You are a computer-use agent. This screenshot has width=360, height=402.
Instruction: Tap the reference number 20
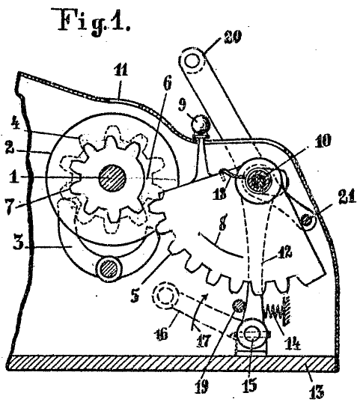click(x=232, y=37)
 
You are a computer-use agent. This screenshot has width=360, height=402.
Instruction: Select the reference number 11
click(x=120, y=70)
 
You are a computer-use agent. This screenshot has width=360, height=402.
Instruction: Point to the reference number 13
click(x=316, y=391)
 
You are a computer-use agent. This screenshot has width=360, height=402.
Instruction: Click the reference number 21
click(x=347, y=197)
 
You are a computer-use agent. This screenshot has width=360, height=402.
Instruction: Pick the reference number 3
click(x=19, y=242)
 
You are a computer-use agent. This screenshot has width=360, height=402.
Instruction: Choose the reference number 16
click(x=160, y=334)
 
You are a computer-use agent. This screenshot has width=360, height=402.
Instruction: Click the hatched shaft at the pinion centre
click(x=113, y=178)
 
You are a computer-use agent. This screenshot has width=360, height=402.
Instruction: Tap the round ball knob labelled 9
click(x=201, y=124)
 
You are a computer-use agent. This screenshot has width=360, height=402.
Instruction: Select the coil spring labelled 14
click(x=277, y=310)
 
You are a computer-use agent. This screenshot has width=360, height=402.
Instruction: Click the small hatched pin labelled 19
click(x=238, y=305)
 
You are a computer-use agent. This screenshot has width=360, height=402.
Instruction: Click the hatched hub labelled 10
click(x=257, y=180)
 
